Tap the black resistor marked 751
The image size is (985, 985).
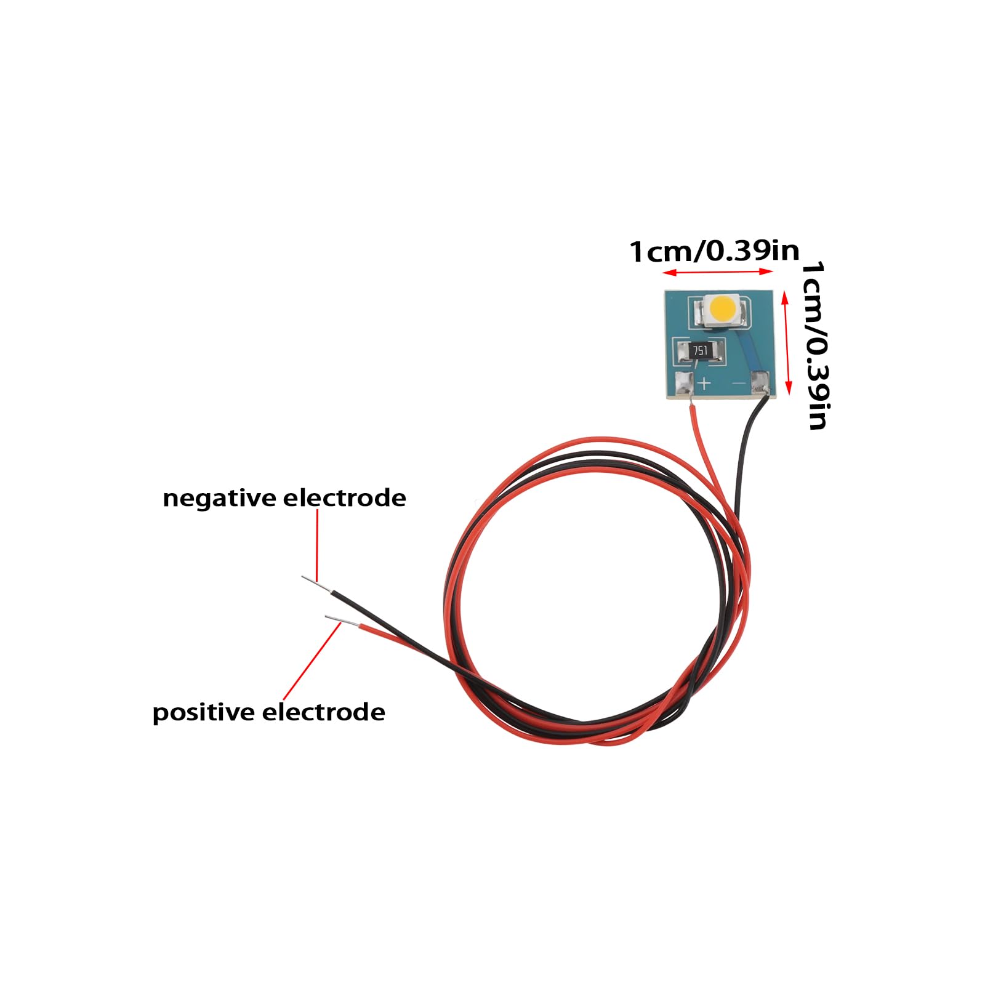pos(701,351)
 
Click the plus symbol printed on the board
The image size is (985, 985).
pos(704,384)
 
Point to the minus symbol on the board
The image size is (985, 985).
pos(739,384)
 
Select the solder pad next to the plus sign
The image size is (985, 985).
pos(683,384)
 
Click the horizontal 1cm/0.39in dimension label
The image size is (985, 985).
pos(714,251)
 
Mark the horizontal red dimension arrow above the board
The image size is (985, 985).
pos(717,272)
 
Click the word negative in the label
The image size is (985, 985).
pos(219,498)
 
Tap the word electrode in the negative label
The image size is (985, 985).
pos(344,498)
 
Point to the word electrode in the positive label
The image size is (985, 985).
pos(324,712)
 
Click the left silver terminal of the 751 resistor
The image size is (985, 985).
pos(683,353)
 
